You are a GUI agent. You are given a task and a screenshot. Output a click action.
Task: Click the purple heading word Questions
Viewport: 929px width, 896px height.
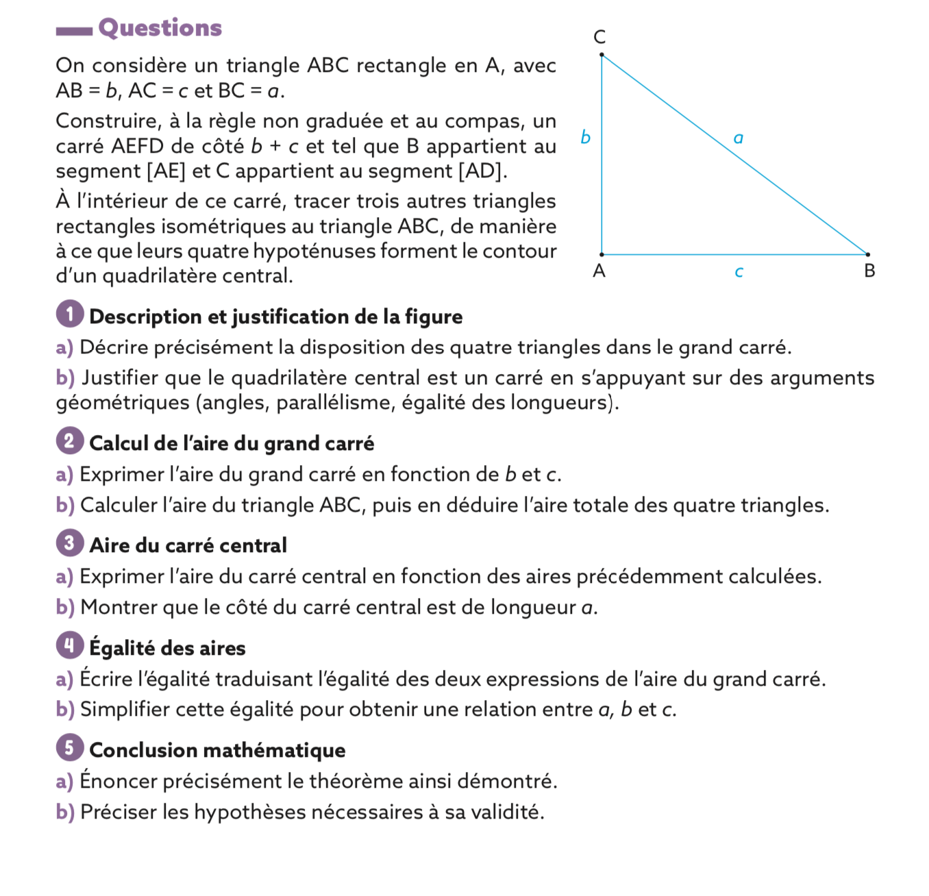pyautogui.click(x=160, y=28)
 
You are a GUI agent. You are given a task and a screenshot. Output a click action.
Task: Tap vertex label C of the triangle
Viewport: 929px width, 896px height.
pyautogui.click(x=599, y=36)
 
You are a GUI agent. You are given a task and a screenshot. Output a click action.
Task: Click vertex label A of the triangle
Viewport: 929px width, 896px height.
pyautogui.click(x=599, y=271)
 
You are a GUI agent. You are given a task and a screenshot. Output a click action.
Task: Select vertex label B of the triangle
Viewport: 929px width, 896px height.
pyautogui.click(x=869, y=271)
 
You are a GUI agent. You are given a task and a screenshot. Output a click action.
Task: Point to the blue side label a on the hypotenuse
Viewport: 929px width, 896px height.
pyautogui.click(x=738, y=139)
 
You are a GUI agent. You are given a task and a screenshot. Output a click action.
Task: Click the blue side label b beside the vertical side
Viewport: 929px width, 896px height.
pyautogui.click(x=585, y=138)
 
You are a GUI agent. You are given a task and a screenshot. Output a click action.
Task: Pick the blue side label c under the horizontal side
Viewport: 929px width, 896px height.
pyautogui.click(x=739, y=273)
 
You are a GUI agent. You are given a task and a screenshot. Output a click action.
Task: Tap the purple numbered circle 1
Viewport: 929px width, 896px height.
pyautogui.click(x=69, y=314)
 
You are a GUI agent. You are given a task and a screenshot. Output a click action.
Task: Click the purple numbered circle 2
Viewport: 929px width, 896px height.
pyautogui.click(x=69, y=441)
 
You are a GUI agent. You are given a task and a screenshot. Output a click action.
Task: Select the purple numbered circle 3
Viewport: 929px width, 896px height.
pyautogui.click(x=69, y=543)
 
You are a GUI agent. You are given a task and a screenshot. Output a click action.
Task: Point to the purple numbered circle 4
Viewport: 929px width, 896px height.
pyautogui.click(x=69, y=646)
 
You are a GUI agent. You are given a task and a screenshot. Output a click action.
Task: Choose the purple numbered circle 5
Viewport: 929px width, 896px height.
pyautogui.click(x=69, y=748)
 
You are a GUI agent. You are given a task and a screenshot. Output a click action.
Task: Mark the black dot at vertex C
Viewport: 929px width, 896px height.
pyautogui.click(x=602, y=54)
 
